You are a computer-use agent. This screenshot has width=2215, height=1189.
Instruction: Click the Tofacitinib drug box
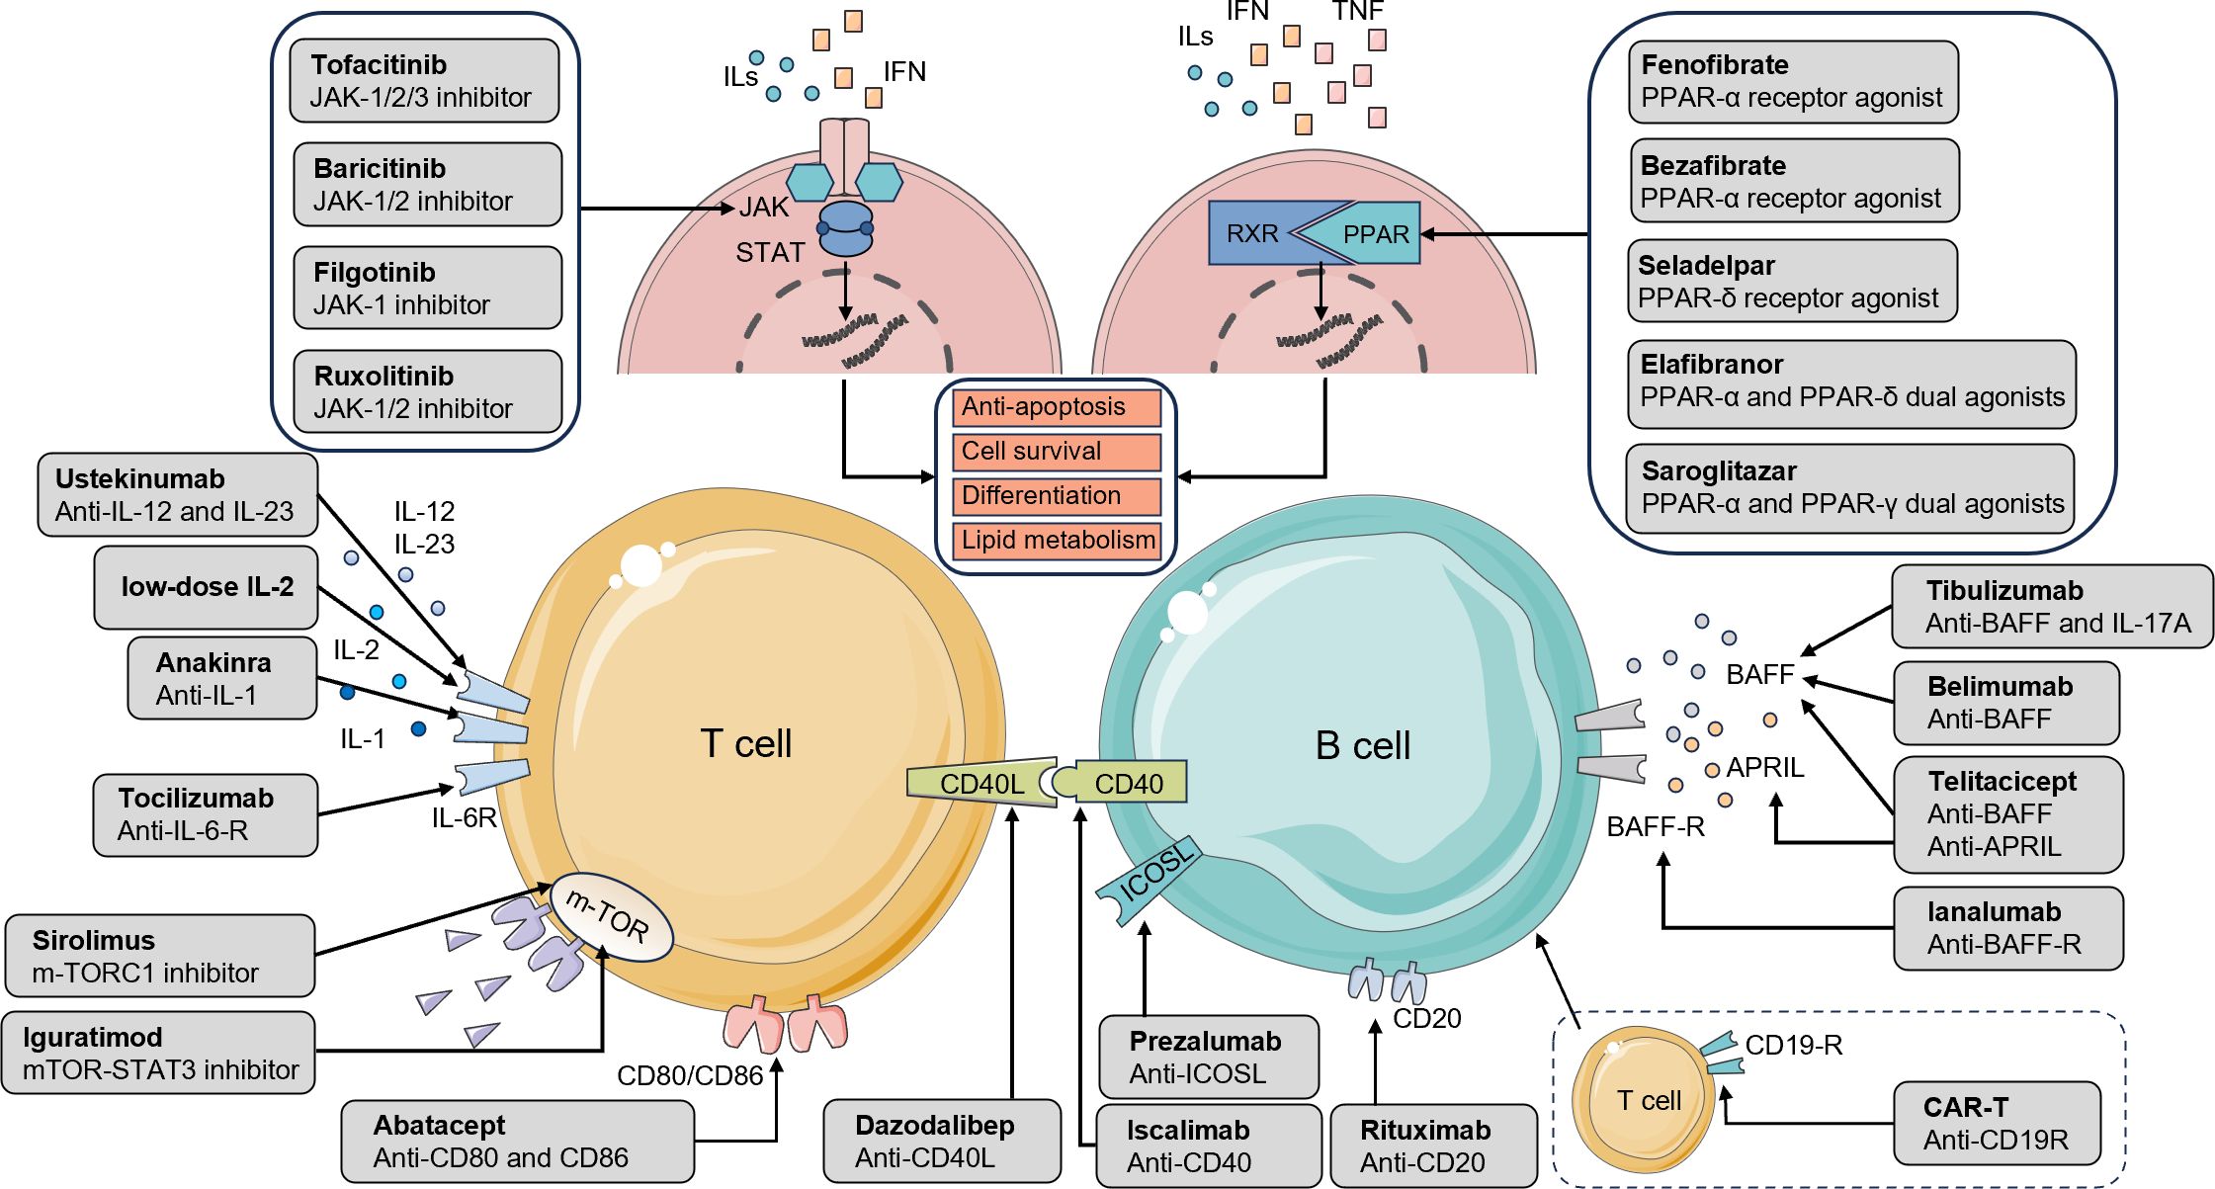[424, 81]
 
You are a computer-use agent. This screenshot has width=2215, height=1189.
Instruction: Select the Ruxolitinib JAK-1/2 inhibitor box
[427, 391]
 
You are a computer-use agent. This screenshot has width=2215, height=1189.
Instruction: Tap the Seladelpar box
[1791, 282]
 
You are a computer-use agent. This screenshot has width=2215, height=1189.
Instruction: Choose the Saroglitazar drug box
[1849, 488]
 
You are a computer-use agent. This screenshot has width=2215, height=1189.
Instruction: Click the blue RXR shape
[1252, 233]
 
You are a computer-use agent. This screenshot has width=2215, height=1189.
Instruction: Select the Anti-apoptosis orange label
[1056, 407]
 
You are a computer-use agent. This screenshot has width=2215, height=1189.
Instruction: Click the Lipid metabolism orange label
[1056, 541]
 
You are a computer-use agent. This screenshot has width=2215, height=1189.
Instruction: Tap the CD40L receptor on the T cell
[980, 784]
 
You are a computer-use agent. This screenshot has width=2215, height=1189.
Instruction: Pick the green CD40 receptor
[1129, 783]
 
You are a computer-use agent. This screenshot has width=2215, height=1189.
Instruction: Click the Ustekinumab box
[178, 495]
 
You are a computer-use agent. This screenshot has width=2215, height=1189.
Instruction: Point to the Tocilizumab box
[205, 814]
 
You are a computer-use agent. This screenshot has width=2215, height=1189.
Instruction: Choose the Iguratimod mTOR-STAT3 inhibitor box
[159, 1053]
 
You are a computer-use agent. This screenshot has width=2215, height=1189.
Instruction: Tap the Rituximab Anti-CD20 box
[1433, 1146]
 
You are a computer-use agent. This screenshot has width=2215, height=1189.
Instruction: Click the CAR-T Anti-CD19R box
[1996, 1124]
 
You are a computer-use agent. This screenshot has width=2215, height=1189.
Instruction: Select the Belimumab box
[2005, 703]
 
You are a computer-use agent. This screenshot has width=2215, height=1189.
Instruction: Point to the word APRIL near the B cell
[1765, 768]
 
